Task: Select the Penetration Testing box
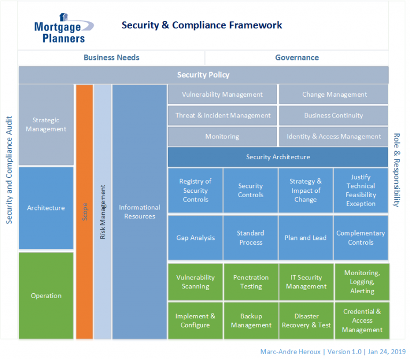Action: point(250,282)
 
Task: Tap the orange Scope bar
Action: point(84,212)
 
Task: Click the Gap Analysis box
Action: point(195,238)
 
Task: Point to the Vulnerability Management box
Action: point(222,95)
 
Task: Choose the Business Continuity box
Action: point(333,115)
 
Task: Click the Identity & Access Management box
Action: point(333,136)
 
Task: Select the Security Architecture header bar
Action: point(278,157)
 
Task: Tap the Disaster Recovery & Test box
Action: point(306,320)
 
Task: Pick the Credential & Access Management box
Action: point(362,320)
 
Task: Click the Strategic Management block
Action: point(46,124)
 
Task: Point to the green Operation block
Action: point(46,295)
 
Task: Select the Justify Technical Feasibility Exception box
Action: point(361,190)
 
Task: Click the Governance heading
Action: point(297,58)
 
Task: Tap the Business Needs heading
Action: point(111,58)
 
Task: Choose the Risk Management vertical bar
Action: point(102,212)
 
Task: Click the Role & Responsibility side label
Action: point(397,170)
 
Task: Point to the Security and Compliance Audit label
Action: point(9,170)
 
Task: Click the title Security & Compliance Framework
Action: point(202,25)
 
